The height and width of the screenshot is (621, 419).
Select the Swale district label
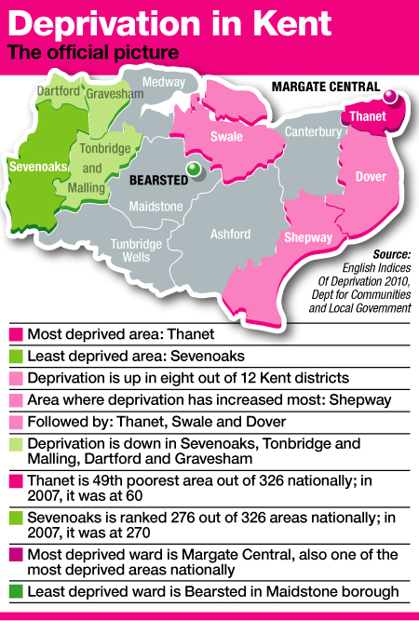point(226,137)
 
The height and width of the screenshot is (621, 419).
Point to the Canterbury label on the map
point(313,132)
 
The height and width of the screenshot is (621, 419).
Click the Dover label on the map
point(371,176)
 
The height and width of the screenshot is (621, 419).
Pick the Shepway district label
point(308,237)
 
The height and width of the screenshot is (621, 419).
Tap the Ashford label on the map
point(231,234)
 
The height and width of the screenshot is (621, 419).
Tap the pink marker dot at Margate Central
point(391,95)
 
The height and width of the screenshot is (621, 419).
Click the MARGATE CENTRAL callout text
point(325,87)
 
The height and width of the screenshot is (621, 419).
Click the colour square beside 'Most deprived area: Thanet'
point(14,333)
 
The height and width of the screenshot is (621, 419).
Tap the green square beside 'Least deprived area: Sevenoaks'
point(14,356)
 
